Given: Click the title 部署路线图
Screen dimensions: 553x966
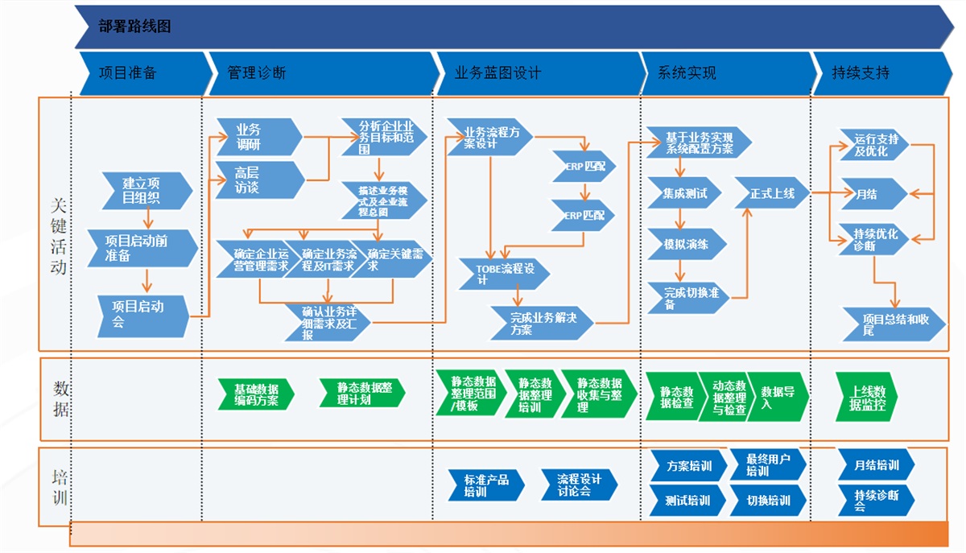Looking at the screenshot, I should (135, 27).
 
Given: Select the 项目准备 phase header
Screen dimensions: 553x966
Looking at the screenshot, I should (129, 73).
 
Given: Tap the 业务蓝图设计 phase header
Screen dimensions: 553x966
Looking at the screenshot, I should (499, 73).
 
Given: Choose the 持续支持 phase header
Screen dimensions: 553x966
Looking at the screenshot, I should (861, 73).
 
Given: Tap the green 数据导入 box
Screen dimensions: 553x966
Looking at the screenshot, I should (778, 397).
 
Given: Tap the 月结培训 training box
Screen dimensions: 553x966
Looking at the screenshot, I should (876, 465).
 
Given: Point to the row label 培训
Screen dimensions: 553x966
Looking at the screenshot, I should (59, 487).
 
